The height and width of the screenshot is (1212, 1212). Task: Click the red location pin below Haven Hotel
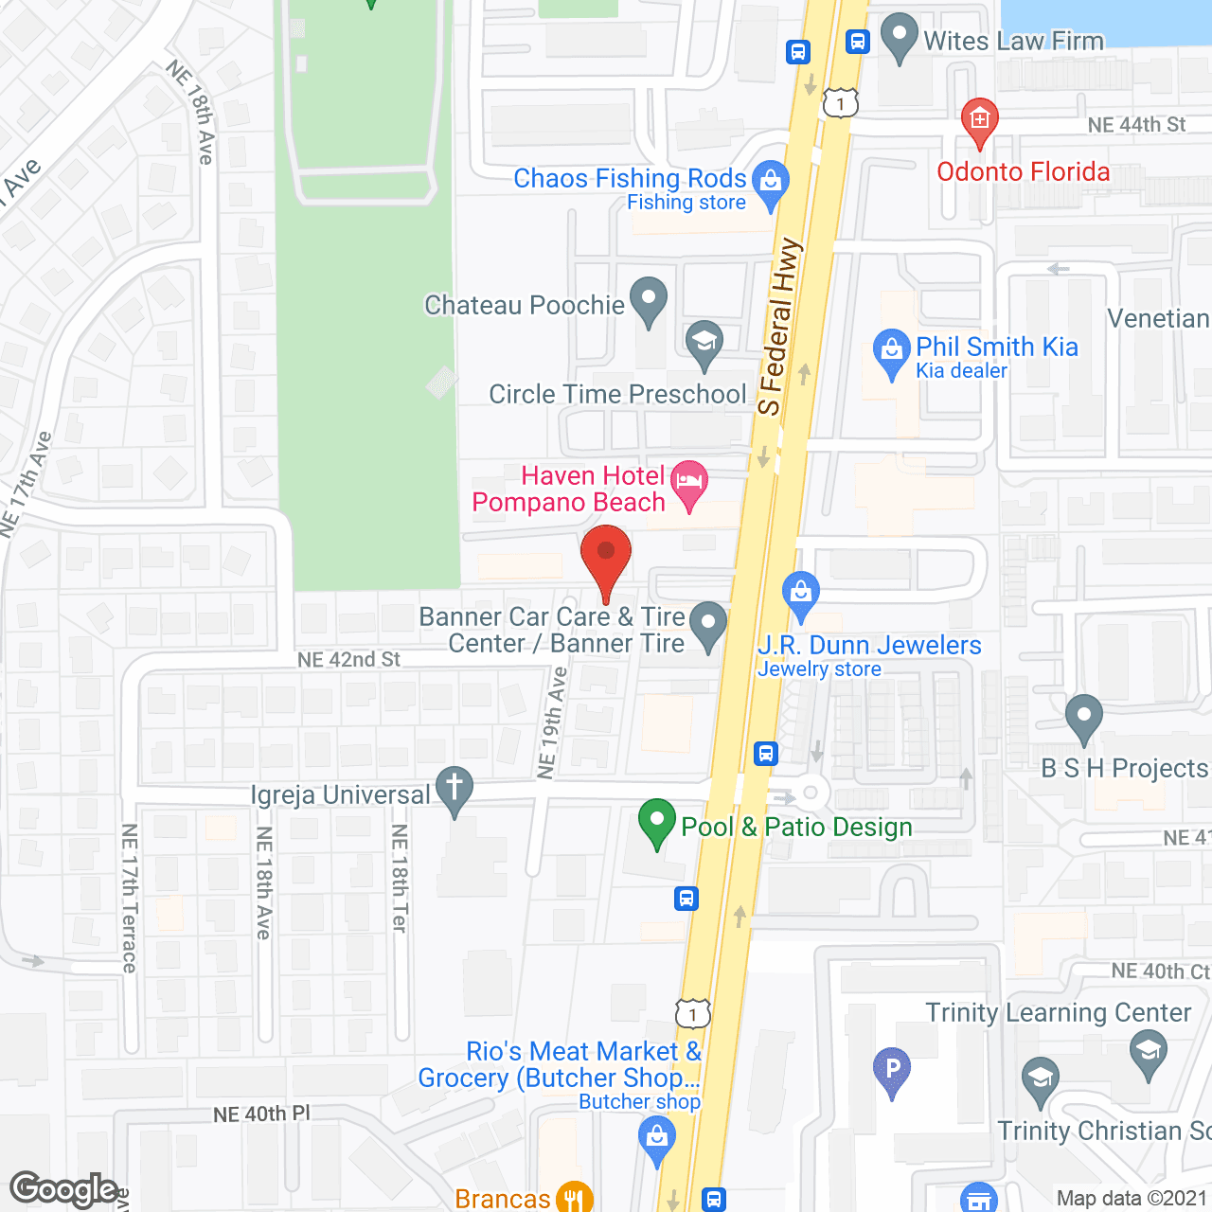tap(606, 559)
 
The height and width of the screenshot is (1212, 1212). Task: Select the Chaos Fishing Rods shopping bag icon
tap(771, 180)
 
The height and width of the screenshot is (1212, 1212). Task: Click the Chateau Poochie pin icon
tap(649, 299)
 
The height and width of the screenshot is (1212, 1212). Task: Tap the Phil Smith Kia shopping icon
tap(891, 351)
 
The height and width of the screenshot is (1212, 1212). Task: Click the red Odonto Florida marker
tap(979, 120)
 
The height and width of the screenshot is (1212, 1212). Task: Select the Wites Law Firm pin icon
tap(899, 37)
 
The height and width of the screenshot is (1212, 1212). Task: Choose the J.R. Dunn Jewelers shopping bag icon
tap(801, 594)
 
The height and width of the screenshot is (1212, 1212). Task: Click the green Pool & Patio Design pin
tap(657, 822)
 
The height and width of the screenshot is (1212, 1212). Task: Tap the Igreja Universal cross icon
tap(454, 789)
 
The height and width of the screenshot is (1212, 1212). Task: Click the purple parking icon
tap(892, 1070)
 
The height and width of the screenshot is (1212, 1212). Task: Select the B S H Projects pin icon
tap(1083, 717)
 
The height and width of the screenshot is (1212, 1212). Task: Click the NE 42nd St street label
tap(348, 659)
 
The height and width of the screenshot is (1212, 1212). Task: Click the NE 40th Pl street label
tap(261, 1114)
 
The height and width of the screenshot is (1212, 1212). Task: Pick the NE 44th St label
tap(1136, 125)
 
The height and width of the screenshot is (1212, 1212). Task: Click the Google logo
tap(64, 1189)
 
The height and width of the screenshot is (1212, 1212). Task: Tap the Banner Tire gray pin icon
tap(707, 625)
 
